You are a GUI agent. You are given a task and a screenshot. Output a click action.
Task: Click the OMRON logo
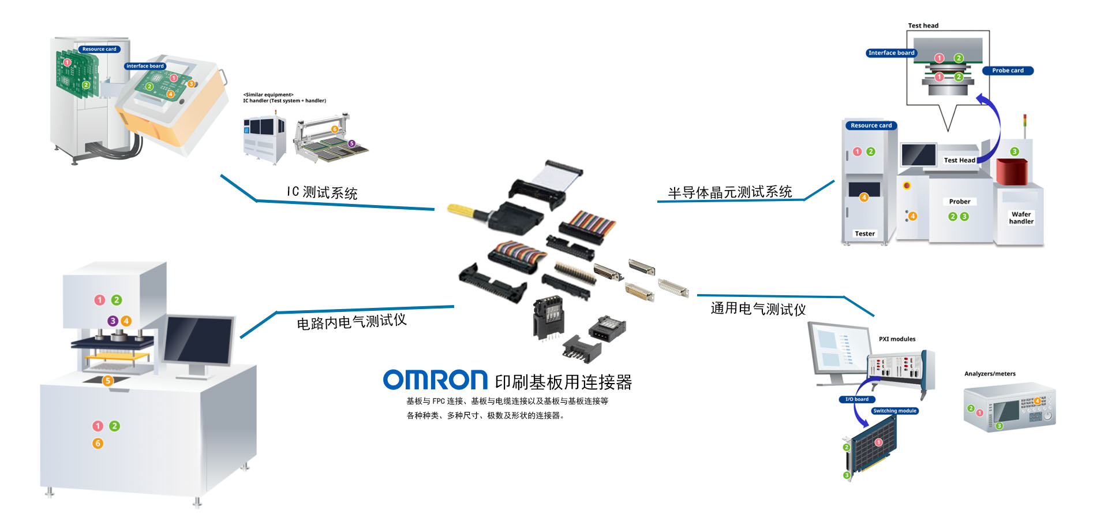coord(436,380)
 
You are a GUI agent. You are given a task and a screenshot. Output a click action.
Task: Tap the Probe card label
coord(1008,70)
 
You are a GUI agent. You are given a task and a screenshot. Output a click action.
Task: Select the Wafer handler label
coord(1021,218)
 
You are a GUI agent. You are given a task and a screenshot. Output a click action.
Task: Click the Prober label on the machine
coord(959,202)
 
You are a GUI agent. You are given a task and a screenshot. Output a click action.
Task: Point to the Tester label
coord(864,233)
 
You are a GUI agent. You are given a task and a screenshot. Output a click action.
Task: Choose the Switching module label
coord(894,411)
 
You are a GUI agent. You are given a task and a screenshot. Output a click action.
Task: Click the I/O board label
coord(857,399)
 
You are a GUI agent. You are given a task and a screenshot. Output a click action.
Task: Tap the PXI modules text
coord(897,339)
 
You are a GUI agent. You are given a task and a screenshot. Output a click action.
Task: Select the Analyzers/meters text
coord(990,374)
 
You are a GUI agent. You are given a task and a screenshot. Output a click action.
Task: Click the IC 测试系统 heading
coord(322,192)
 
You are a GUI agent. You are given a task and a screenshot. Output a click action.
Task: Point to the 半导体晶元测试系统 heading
coord(729,192)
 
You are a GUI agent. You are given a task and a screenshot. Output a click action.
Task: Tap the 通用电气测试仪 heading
coord(758,309)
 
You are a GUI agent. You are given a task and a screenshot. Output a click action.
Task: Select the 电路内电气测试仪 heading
coord(351,321)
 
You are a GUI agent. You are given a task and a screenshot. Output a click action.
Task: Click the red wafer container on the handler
coord(1013,171)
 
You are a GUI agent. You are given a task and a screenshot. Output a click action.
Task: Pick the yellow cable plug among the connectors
coord(462,210)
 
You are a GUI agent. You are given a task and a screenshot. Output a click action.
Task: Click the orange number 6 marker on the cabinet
coord(98,443)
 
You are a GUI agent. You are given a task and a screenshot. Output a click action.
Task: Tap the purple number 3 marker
coord(113,321)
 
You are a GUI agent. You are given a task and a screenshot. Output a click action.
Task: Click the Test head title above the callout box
coord(923,25)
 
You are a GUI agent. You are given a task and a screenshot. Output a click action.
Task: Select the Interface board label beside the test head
coord(891,53)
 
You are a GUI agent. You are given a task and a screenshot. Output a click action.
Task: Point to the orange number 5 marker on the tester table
coord(107,380)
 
